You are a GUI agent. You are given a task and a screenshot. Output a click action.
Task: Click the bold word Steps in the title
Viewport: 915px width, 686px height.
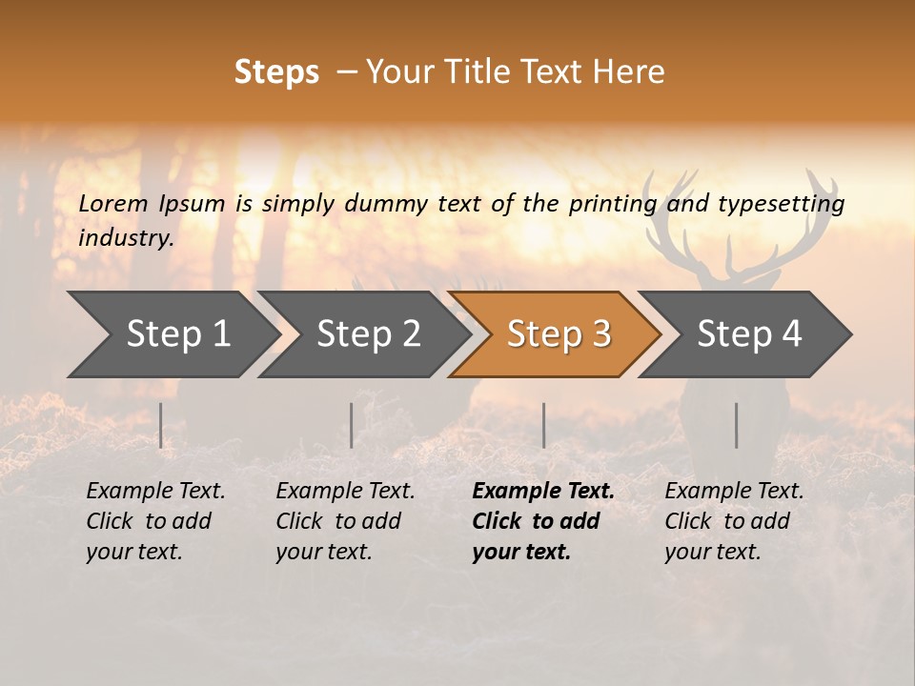click(x=276, y=72)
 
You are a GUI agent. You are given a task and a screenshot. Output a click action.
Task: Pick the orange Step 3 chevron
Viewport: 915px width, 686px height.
click(x=559, y=334)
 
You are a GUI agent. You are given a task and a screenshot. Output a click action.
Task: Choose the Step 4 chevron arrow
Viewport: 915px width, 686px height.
click(x=749, y=334)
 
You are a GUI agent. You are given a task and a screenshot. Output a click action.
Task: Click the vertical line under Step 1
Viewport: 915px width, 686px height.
click(x=161, y=425)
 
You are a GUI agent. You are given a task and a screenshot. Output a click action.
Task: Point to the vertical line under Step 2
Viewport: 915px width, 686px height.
click(x=352, y=425)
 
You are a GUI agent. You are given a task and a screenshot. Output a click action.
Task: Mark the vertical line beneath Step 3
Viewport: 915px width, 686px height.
click(x=544, y=425)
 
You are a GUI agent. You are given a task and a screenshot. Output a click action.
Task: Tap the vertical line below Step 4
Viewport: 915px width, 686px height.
click(x=737, y=425)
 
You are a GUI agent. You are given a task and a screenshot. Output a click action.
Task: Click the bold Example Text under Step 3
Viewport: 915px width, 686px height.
click(x=542, y=521)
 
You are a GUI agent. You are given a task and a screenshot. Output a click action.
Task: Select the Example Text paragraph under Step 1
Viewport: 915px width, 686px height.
click(x=155, y=521)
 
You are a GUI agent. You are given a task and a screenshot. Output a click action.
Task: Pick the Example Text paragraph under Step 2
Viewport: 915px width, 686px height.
click(x=345, y=521)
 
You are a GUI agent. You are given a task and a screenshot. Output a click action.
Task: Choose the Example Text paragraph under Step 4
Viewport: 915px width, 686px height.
click(x=734, y=521)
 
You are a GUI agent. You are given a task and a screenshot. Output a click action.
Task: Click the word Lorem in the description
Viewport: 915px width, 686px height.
click(x=112, y=203)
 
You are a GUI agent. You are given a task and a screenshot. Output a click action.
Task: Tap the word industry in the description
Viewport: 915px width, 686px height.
click(x=125, y=237)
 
